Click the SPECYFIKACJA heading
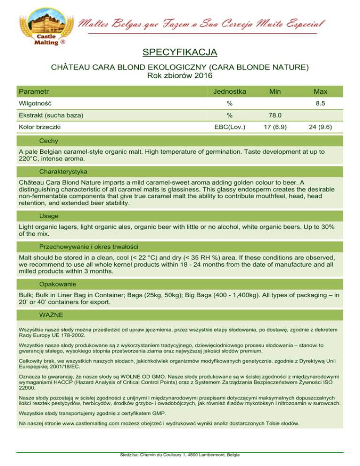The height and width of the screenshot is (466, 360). [x=180, y=51]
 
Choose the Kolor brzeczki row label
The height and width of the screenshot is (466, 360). [x=39, y=126]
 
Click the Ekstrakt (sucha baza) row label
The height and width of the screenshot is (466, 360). [x=51, y=114]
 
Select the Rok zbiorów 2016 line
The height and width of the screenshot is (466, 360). [x=180, y=75]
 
